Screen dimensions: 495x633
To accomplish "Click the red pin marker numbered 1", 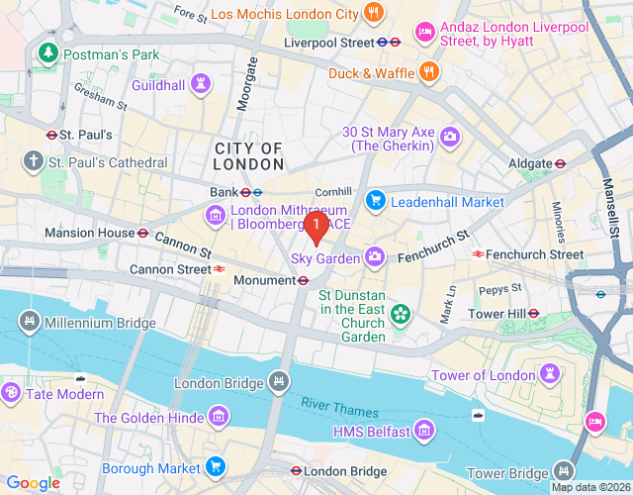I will coord(316,228).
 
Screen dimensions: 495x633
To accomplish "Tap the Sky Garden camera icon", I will coord(375,257).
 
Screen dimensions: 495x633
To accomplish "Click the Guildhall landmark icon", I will coord(202,84).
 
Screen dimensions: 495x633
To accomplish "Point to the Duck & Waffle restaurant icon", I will coord(428,71).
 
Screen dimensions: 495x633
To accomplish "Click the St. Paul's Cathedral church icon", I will coord(33,161).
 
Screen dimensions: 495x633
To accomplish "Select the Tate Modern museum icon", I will coord(13,393).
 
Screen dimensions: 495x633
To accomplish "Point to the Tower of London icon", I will coord(549,374).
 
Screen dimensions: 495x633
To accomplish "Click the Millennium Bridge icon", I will coord(30,322).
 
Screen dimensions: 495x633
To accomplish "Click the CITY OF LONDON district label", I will coord(248,156).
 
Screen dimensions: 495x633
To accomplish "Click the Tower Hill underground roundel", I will coord(533,313).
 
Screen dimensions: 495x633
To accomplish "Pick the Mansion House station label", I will coord(89,234).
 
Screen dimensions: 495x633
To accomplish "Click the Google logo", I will coord(33,482).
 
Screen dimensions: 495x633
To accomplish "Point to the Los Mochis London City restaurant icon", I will coord(374,14).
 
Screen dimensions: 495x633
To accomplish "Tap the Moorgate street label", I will coord(247,83).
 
